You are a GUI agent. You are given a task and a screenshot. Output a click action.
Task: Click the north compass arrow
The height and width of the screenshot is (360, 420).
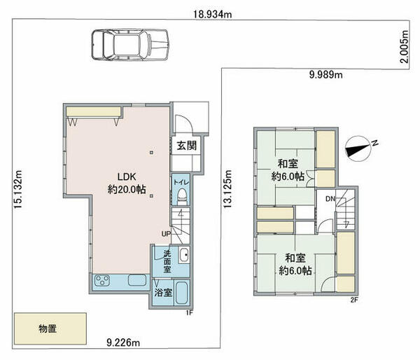pos(360,147)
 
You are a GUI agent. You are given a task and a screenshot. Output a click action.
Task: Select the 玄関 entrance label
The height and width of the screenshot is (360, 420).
pos(187,146)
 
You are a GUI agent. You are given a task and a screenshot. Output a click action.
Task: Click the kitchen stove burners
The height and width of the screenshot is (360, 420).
pos(103,282)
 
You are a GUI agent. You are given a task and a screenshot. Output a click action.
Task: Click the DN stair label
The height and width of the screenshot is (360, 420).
pos(329,200)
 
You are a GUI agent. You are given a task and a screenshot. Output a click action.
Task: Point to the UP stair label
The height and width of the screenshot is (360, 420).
pos(165,233)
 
